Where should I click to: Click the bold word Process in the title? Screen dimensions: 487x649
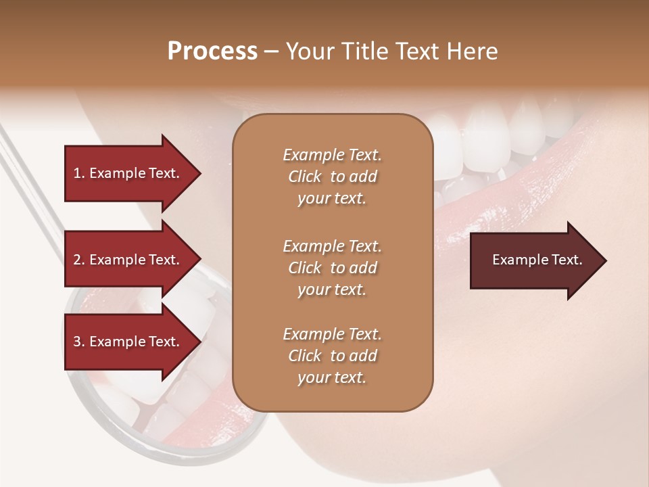[x=212, y=51]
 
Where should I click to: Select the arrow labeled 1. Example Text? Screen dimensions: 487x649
[x=128, y=173]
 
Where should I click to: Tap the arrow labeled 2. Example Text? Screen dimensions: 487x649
[x=128, y=260]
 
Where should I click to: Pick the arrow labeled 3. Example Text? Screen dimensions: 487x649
[x=128, y=342]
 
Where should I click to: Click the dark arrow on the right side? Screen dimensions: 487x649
[x=534, y=260]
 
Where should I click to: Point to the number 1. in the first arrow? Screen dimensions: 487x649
[x=79, y=173]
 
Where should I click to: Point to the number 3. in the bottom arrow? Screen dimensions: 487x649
[x=79, y=342]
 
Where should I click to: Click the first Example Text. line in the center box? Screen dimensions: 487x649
[x=332, y=155]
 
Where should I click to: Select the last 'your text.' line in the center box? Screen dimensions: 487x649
[x=332, y=377]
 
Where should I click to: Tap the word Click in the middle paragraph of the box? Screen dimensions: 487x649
[x=304, y=268]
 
